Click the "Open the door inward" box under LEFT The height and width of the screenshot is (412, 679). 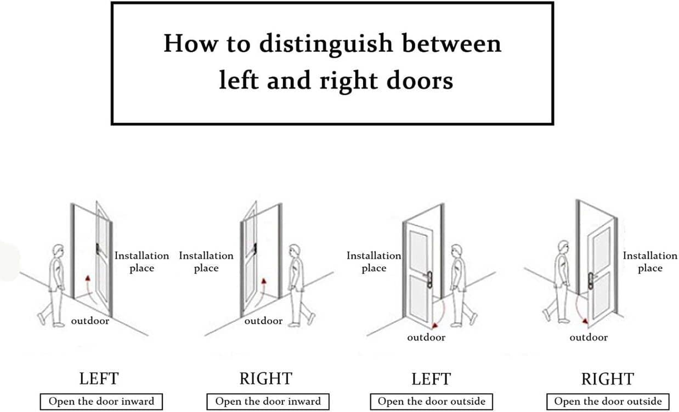coord(101,402)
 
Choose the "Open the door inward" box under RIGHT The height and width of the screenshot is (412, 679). coord(267,402)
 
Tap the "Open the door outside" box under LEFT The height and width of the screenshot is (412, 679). coord(431,402)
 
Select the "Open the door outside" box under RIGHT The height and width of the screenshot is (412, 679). coord(608,402)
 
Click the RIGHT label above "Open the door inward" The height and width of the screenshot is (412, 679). coord(265,379)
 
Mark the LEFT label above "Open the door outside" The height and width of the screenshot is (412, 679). coord(431,379)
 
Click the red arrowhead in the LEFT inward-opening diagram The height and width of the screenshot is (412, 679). coord(88,278)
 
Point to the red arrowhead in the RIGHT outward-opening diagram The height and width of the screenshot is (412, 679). coord(585,321)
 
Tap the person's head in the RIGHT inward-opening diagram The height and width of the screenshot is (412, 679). coord(294,252)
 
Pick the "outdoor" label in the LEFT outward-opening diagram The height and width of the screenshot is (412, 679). coord(426,338)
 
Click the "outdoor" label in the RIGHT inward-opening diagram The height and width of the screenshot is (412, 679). coord(263,321)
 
